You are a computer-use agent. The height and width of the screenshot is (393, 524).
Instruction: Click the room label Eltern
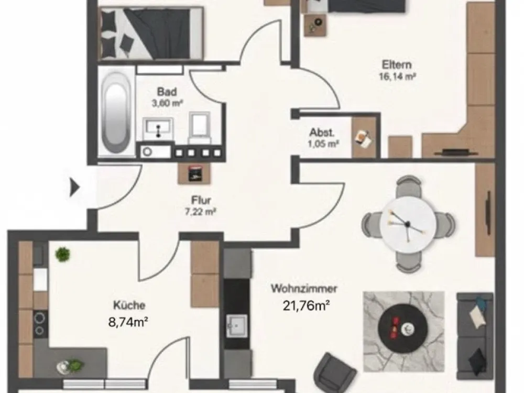click(x=397, y=64)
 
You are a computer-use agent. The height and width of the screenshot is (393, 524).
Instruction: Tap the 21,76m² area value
click(x=307, y=305)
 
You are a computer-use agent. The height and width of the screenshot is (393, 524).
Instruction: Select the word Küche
click(x=129, y=305)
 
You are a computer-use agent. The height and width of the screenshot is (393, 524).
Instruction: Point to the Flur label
click(x=201, y=200)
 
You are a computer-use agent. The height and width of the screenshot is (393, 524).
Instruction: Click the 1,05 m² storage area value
click(x=323, y=144)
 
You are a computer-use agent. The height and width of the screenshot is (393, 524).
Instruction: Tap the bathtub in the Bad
click(x=115, y=112)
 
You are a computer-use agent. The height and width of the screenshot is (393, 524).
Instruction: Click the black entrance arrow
click(x=74, y=187)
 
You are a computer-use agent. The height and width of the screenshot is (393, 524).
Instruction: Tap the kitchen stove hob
click(x=40, y=324)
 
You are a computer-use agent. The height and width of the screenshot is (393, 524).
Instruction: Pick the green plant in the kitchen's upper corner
click(x=62, y=254)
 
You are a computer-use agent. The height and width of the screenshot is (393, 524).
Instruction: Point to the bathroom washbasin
click(x=158, y=128)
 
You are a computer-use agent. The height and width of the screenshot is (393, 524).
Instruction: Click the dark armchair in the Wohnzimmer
click(x=335, y=372)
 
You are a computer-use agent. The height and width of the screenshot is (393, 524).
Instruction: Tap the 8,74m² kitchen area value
click(x=128, y=322)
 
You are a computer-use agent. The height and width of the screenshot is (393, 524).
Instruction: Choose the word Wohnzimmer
click(x=304, y=288)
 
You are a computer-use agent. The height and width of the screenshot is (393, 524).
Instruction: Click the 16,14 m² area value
click(x=397, y=77)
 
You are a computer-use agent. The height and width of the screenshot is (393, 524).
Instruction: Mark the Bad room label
click(x=167, y=92)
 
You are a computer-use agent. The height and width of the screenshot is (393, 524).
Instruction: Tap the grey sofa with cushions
click(x=475, y=336)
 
